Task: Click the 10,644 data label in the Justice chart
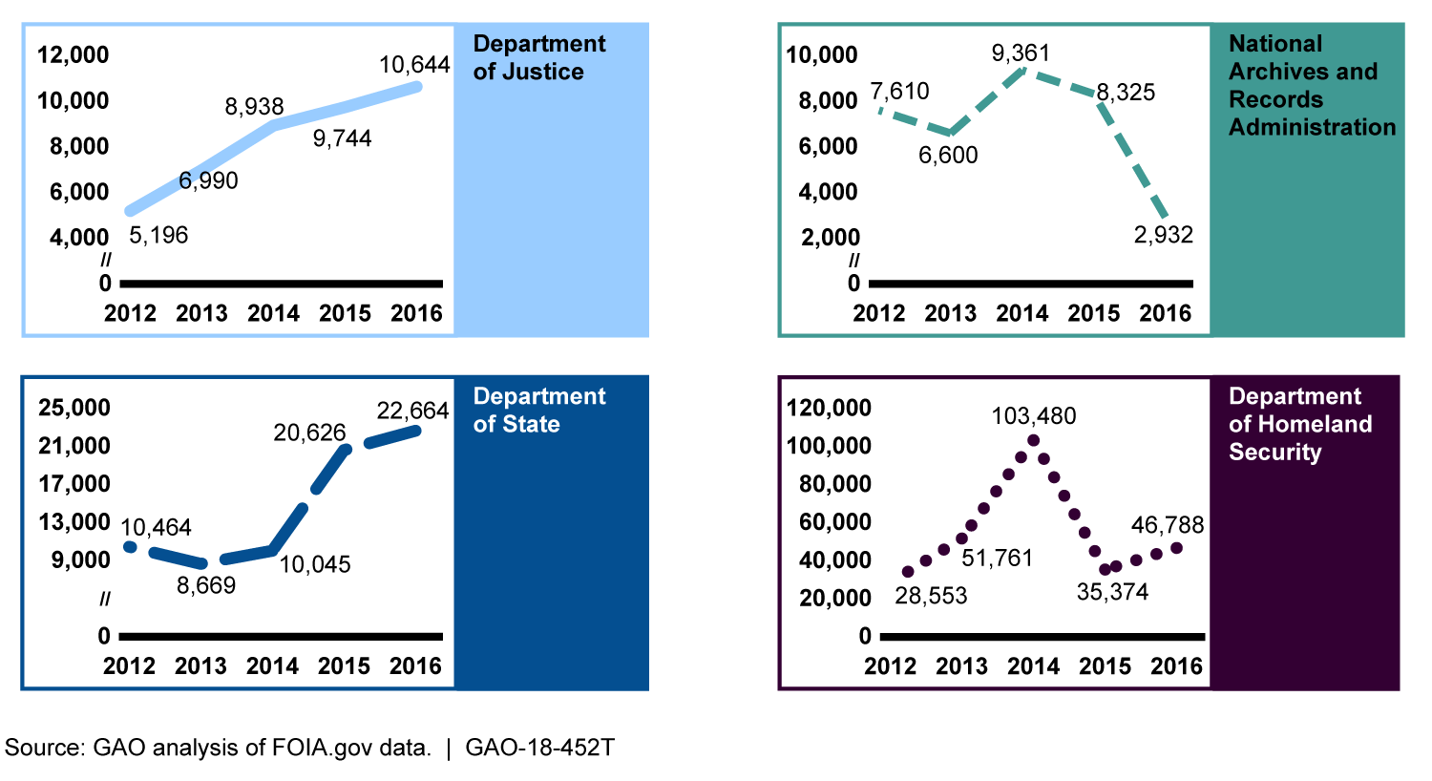click(414, 65)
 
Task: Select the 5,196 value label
click(158, 235)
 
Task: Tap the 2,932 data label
click(1164, 235)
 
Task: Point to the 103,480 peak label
click(1034, 416)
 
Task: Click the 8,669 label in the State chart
click(206, 585)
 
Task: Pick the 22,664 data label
click(412, 411)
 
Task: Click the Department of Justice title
click(539, 57)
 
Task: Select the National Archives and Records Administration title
click(1312, 85)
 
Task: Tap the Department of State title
click(539, 411)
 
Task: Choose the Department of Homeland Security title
click(1299, 424)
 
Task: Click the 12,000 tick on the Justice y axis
click(74, 55)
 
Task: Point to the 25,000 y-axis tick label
click(74, 409)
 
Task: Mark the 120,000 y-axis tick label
click(829, 409)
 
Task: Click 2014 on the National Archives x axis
click(1022, 313)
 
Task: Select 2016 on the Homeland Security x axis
click(1176, 666)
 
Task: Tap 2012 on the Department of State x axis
click(129, 666)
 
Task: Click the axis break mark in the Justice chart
click(106, 261)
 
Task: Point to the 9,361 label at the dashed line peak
click(1021, 53)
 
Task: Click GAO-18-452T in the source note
click(539, 748)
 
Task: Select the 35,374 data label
click(1112, 593)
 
